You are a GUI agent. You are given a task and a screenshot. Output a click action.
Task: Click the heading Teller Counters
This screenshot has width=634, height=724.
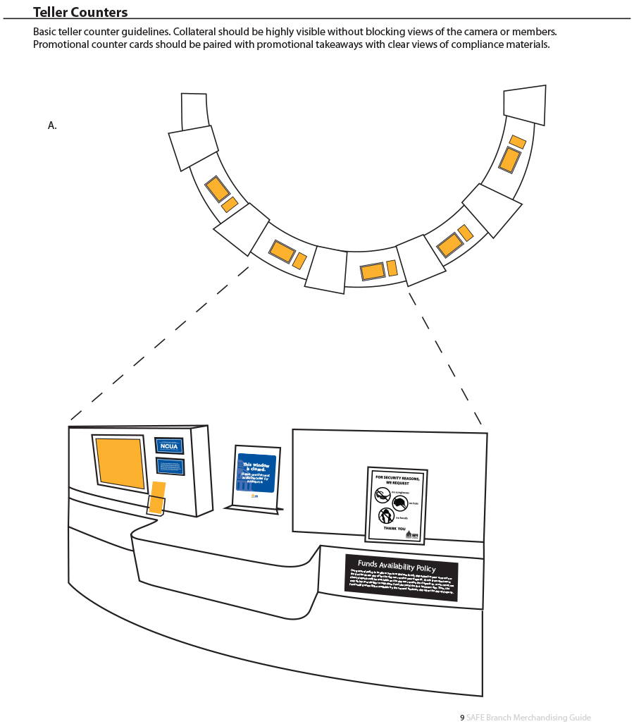(80, 12)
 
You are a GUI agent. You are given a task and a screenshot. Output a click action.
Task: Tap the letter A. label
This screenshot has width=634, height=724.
(52, 125)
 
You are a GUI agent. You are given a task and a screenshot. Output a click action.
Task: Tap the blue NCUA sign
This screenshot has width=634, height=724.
(169, 446)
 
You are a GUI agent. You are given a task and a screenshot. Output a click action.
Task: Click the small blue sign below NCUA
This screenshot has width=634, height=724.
(170, 466)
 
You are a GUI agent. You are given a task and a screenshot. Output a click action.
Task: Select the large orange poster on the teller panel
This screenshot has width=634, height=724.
(120, 462)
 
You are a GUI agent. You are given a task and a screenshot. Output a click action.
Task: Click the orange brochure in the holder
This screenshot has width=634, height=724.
(157, 496)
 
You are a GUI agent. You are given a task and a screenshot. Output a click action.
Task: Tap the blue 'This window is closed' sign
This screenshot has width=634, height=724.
(256, 477)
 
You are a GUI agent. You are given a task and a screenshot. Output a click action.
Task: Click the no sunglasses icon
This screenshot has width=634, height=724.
(383, 496)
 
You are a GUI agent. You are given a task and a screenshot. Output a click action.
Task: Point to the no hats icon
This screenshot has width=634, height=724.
(399, 503)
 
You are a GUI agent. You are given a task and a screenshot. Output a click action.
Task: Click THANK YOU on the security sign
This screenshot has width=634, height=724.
(394, 529)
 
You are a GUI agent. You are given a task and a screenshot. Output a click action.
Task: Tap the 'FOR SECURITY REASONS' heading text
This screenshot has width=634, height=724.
(397, 480)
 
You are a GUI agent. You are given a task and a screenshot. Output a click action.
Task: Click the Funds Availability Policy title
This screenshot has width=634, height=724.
(397, 565)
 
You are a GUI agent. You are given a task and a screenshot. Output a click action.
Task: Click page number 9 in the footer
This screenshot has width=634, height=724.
(462, 718)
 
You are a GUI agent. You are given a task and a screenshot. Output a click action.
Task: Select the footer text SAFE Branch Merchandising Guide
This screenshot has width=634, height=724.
(528, 718)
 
